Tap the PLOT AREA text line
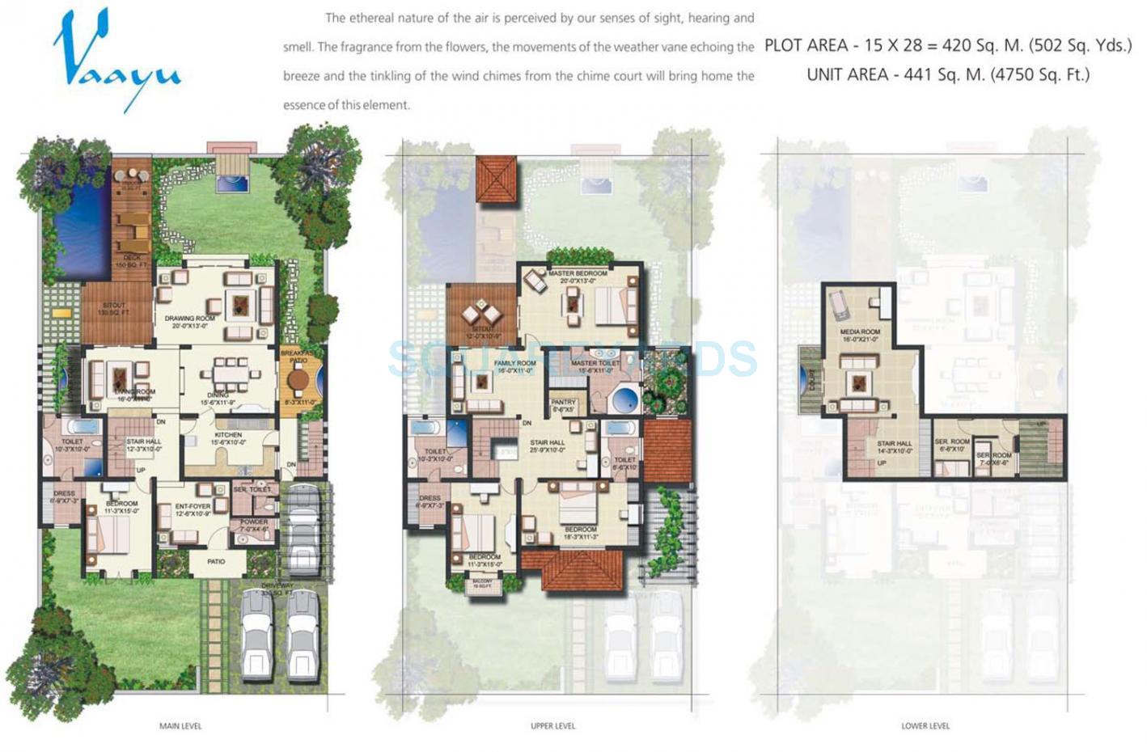click(x=947, y=45)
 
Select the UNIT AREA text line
click(x=947, y=75)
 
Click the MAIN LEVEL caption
click(x=180, y=726)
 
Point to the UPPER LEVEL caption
click(x=552, y=726)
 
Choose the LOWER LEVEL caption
click(x=925, y=726)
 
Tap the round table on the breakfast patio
click(x=298, y=380)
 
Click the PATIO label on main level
click(x=215, y=561)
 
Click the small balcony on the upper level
click(x=481, y=583)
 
